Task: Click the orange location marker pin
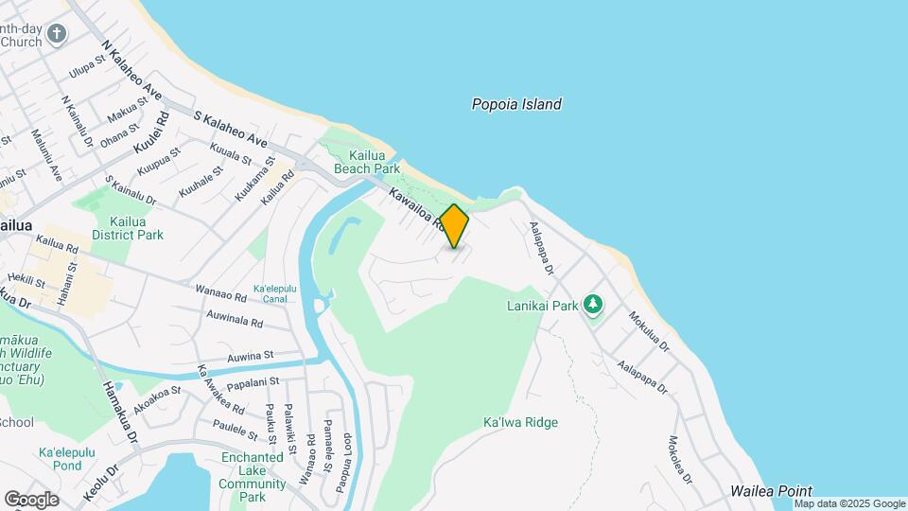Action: [x=454, y=226]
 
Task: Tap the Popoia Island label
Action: [x=516, y=104]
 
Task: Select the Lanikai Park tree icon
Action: [x=593, y=305]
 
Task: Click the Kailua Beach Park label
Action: [x=361, y=161]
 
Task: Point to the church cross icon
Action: [x=57, y=35]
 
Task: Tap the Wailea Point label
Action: [x=771, y=491]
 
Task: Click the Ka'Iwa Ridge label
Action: [x=520, y=422]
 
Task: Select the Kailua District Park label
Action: [x=128, y=228]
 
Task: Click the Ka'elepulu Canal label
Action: [x=275, y=293]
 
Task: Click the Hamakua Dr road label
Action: [x=120, y=414]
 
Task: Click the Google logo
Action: [x=31, y=499]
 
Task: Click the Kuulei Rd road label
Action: [x=150, y=133]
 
